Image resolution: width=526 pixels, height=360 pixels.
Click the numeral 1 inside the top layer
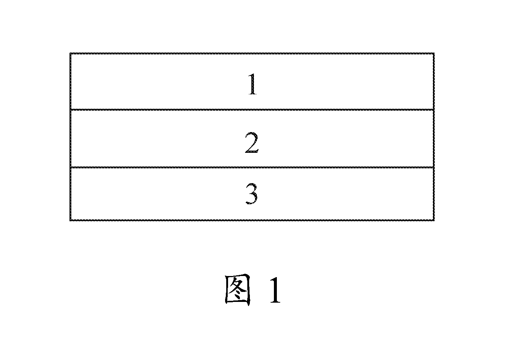coord(253,84)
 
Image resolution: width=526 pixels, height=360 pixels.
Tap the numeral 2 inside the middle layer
coord(252,142)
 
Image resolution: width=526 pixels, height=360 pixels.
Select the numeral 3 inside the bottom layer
coord(251,194)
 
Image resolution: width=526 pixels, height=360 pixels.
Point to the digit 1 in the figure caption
coord(275,290)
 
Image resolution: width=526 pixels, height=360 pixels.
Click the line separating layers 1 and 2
coord(252,110)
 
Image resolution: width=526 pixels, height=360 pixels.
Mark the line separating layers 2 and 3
coord(252,168)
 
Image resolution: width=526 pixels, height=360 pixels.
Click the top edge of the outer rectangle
coord(252,54)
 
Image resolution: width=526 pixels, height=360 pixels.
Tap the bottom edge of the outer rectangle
coord(252,220)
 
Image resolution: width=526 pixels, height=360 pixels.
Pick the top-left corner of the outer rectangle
coord(70,53)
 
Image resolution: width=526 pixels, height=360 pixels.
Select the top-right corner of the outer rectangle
coord(434,53)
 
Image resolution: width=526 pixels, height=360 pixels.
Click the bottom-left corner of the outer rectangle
coord(70,221)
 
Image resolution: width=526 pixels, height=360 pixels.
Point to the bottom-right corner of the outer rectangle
coord(434,221)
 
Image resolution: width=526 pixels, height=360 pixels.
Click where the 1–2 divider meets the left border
coord(71,110)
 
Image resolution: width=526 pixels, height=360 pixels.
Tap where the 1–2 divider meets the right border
coord(434,110)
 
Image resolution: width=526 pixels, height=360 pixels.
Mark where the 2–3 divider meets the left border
coord(71,168)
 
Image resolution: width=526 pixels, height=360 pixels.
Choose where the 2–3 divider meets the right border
coord(434,168)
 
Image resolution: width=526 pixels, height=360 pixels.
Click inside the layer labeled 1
coord(164,81)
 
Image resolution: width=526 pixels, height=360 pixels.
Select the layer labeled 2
coord(164,139)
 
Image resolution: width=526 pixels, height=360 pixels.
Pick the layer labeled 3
coord(164,194)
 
